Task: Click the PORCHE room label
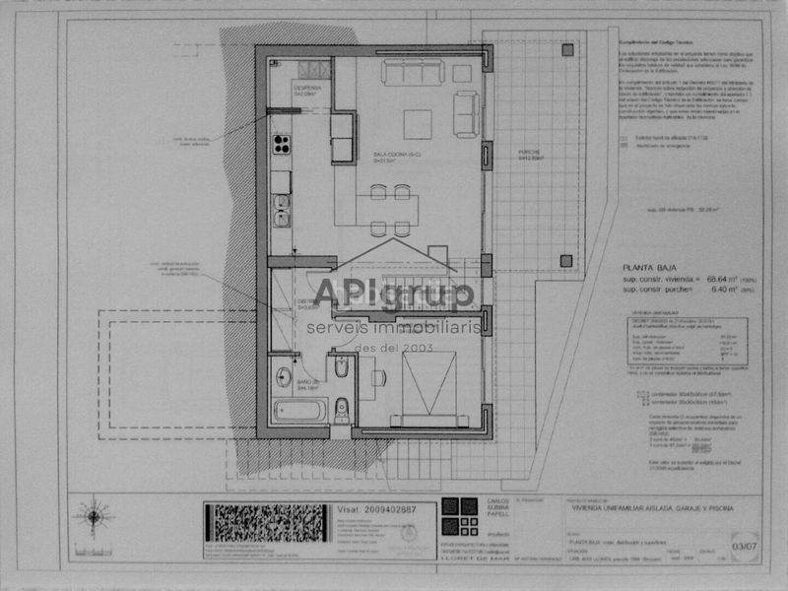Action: click(x=530, y=154)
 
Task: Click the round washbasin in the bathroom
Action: click(x=284, y=375)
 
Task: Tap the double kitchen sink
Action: click(x=282, y=211)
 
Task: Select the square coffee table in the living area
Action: click(x=417, y=124)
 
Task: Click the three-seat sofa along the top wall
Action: click(x=413, y=73)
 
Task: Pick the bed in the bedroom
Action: click(x=428, y=386)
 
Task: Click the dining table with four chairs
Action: click(x=389, y=210)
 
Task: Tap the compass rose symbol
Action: click(x=94, y=514)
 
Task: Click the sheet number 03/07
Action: click(x=731, y=541)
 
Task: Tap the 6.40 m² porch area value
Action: click(x=707, y=291)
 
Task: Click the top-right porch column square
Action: click(x=566, y=49)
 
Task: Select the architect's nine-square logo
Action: click(x=459, y=514)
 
